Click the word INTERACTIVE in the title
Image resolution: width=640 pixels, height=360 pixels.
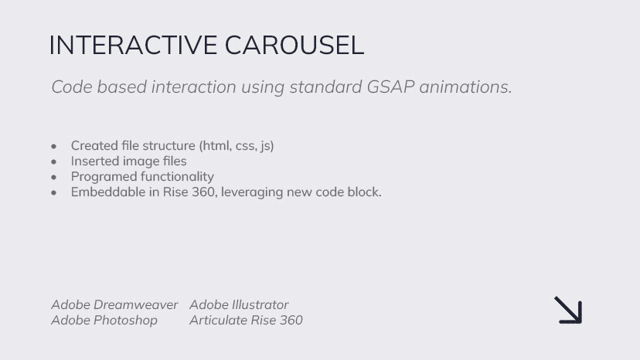[x=133, y=45]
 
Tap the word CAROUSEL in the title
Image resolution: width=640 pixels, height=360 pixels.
[x=294, y=45]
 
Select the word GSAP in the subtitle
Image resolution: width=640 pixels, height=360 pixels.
[x=390, y=87]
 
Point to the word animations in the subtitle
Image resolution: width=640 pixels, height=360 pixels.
[x=466, y=87]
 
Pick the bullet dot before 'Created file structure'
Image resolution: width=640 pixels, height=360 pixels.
[x=54, y=146]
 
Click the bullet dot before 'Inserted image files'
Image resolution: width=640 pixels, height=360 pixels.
[x=54, y=161]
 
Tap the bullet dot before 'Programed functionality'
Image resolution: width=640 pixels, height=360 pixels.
[x=54, y=177]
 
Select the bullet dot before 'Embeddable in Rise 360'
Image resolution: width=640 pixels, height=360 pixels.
[x=54, y=192]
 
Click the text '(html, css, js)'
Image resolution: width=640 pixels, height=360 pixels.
[x=237, y=146]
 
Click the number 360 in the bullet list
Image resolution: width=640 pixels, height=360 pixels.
[x=203, y=192]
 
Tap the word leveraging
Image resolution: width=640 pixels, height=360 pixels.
[x=252, y=192]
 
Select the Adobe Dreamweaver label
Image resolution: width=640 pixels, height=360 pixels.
[x=114, y=304]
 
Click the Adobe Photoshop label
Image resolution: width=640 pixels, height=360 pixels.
[x=104, y=320]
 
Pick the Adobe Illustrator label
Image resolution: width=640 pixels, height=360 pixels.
[x=239, y=304]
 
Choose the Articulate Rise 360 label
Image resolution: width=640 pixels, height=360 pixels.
[x=246, y=320]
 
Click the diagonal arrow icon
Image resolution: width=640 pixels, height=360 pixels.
[x=568, y=311]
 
